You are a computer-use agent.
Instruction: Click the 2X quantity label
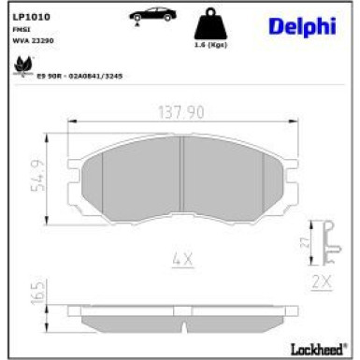coord(324,280)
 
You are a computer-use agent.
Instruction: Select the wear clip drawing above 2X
coord(324,240)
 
